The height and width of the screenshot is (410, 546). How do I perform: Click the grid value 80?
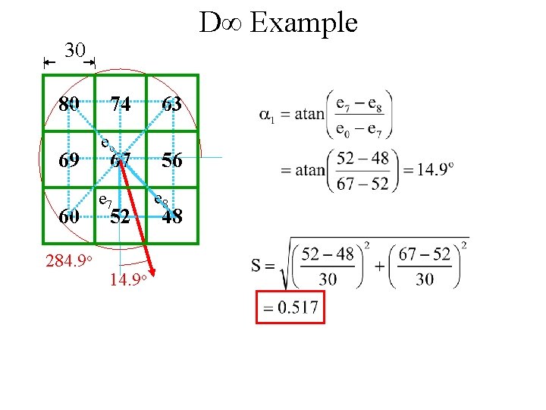70,104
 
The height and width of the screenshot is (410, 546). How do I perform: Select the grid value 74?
120,104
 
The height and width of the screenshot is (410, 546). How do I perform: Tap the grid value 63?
171,104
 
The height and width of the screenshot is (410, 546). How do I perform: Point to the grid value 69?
70,160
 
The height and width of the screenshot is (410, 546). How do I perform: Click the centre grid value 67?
120,160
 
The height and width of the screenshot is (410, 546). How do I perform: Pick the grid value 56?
171,160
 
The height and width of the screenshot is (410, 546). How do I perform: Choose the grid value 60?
70,216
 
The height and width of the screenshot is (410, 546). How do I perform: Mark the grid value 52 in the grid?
120,216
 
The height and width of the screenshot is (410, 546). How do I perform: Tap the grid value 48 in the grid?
171,216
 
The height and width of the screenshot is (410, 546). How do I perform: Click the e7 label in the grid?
105,200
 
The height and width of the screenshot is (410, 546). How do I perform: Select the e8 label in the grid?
160,200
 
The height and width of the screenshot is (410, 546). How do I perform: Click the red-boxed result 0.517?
290,308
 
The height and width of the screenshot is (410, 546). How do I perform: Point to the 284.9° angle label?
69,262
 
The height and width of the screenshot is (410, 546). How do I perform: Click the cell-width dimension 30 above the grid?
74,51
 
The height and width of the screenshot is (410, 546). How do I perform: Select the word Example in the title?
303,23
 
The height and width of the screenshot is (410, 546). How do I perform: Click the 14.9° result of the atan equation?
435,169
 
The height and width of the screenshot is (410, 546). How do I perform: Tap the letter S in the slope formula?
257,266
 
